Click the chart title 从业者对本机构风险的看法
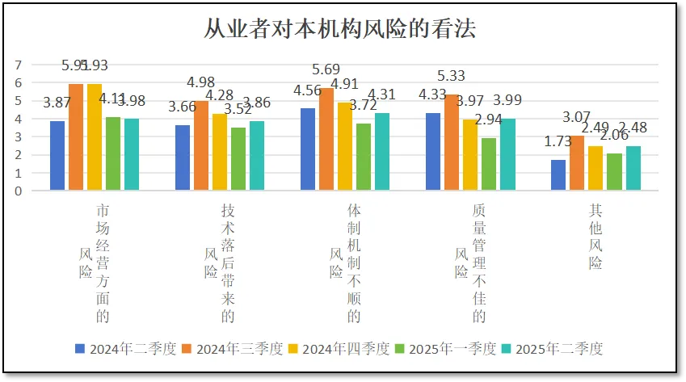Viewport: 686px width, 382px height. (339, 30)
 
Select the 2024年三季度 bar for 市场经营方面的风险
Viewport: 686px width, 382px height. (76, 137)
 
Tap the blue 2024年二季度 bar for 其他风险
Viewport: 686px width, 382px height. (558, 175)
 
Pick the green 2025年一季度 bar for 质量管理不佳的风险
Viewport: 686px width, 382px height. (488, 164)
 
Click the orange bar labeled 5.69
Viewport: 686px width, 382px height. (326, 139)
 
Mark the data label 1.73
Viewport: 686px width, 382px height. (558, 141)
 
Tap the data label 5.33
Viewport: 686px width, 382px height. (452, 77)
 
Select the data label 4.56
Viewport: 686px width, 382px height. (308, 90)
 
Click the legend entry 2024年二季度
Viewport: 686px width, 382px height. (128, 349)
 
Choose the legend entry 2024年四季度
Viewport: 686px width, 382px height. (340, 349)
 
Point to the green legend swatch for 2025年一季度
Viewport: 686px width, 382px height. (399, 349)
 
